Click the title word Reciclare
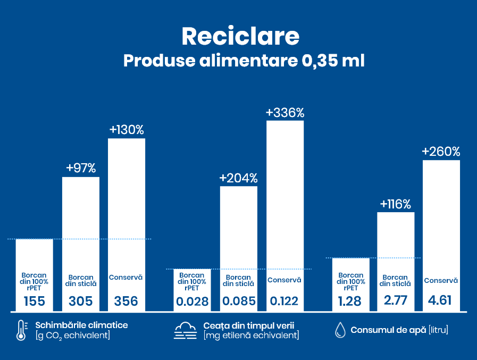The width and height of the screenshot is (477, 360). [x=240, y=36]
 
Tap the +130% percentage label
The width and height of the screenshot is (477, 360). [x=127, y=130]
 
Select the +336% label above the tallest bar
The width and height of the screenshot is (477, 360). [x=285, y=113]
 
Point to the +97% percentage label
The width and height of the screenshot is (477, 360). [x=81, y=168]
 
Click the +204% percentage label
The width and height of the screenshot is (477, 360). [x=239, y=178]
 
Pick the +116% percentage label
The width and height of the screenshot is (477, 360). [x=396, y=204]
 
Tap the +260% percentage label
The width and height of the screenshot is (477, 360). [x=441, y=152]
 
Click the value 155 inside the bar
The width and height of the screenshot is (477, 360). [x=35, y=302]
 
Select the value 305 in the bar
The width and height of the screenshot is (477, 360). [x=81, y=302]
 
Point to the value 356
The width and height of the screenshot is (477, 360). [x=127, y=302]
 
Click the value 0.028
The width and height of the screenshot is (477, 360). [x=193, y=302]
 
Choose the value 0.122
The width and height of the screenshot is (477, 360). [x=284, y=302]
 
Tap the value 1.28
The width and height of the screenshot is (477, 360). [x=350, y=302]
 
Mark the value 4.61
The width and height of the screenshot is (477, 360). [x=441, y=300]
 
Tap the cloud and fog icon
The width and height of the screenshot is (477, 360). [x=186, y=330]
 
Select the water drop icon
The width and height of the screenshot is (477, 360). [x=340, y=330]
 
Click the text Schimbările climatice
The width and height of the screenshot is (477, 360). [x=81, y=325]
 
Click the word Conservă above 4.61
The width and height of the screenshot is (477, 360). [x=441, y=281]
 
